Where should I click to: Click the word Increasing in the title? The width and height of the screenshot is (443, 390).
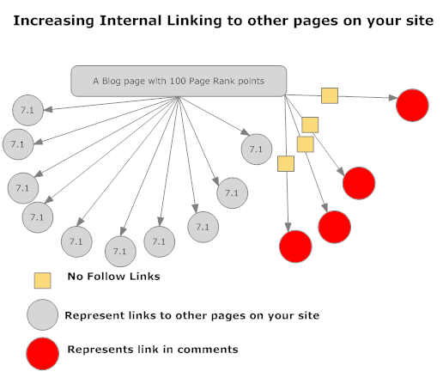54,21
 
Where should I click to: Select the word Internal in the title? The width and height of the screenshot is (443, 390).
130,21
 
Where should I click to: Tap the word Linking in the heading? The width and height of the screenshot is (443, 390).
194,21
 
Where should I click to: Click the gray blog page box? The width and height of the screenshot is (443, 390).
179,81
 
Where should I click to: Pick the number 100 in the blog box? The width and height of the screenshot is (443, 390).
178,81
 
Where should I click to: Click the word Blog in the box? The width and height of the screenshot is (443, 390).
112,82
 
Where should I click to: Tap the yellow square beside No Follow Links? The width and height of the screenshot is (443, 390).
43,280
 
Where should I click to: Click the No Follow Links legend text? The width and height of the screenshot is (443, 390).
113,277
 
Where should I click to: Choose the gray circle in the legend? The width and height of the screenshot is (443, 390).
43,314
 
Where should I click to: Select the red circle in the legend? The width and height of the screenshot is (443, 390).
43,354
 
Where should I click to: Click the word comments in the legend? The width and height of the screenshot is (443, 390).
208,350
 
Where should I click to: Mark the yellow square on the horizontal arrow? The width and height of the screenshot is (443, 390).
330,95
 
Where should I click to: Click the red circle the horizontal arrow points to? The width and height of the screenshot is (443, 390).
412,105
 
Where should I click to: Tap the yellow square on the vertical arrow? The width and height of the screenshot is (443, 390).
286,164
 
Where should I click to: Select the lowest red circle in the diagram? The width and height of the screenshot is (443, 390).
295,247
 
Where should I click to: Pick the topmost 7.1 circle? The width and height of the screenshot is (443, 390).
27,110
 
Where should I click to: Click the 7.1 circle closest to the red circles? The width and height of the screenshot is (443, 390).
257,149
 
